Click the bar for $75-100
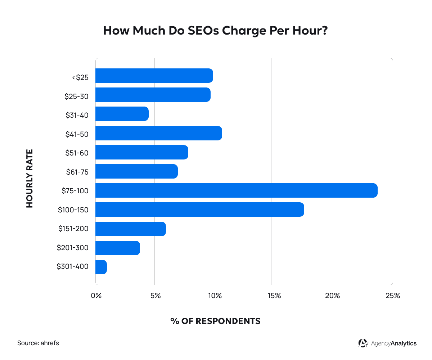[236, 190]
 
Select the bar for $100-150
[199, 210]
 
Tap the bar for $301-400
[101, 267]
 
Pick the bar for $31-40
[122, 114]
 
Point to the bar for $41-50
[158, 133]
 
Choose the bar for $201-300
[118, 248]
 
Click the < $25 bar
[154, 76]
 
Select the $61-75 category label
[77, 172]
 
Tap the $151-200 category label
[73, 229]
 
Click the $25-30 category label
[76, 96]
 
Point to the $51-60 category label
[77, 153]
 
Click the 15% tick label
[274, 296]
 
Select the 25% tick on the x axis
[393, 296]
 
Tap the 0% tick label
[96, 296]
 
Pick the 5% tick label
[155, 296]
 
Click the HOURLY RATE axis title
[30, 178]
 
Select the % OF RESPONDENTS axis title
[215, 321]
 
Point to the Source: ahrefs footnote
[38, 343]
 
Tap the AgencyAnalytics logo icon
[363, 343]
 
